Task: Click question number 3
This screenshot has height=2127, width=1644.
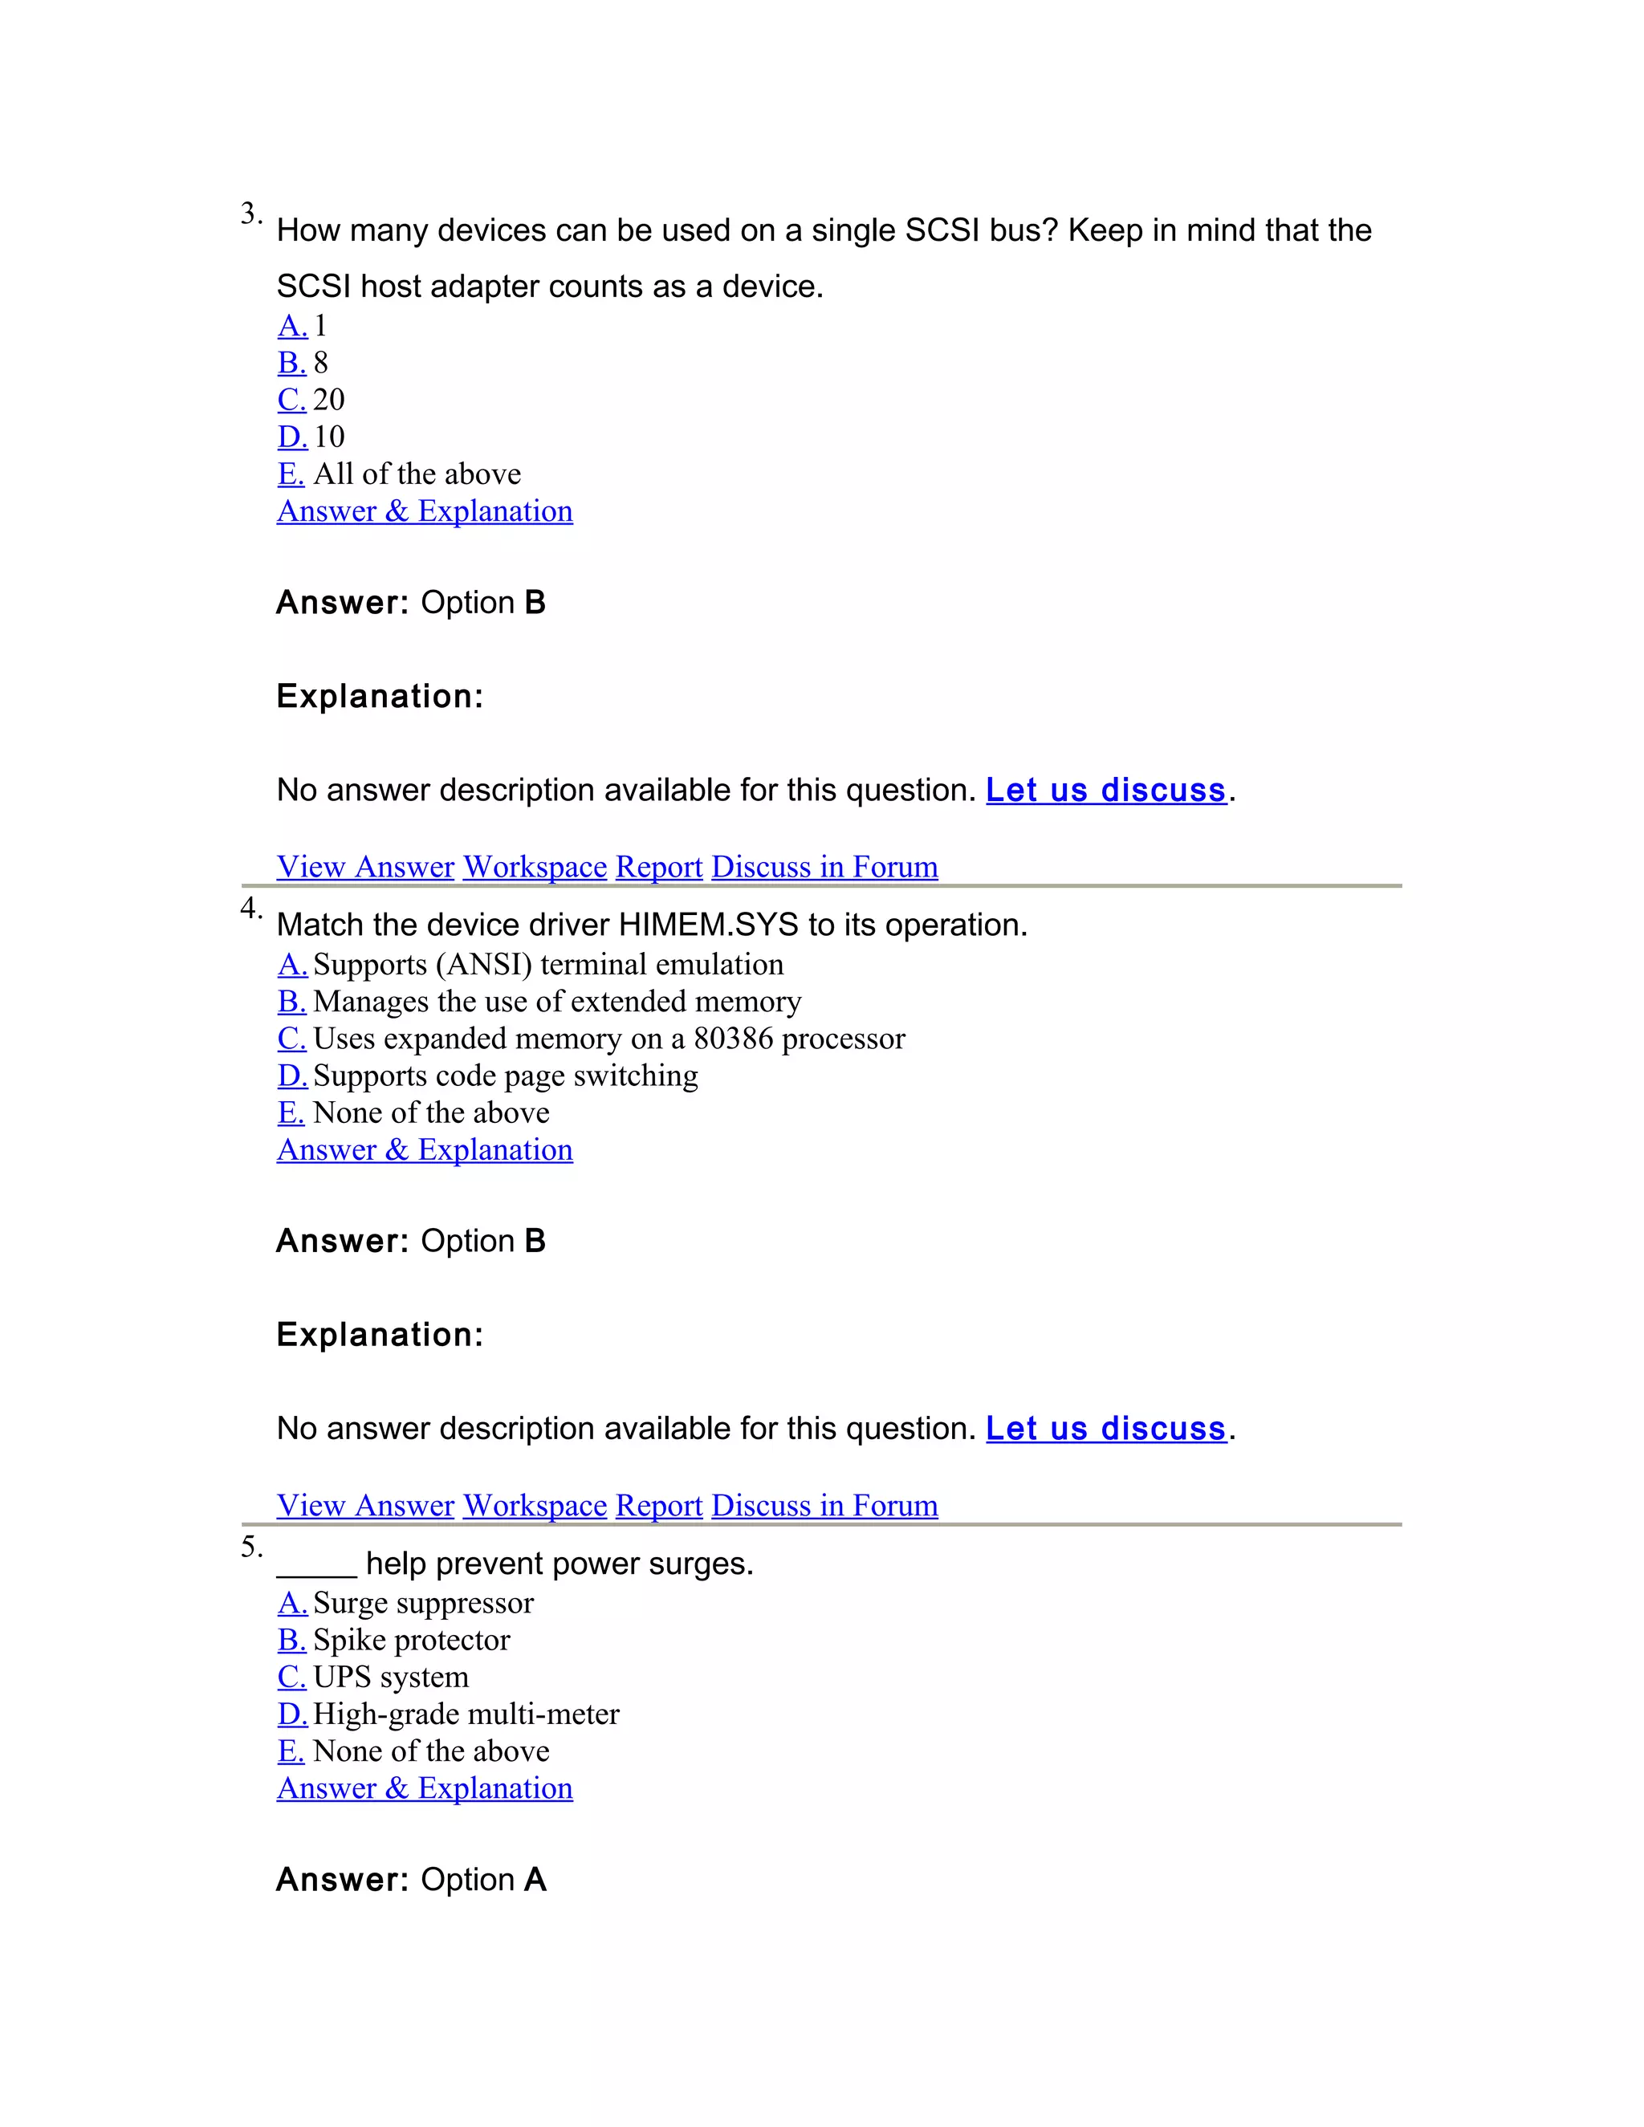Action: pos(250,214)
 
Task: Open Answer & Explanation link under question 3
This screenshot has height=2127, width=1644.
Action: pos(425,511)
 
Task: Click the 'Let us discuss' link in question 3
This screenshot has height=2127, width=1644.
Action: pos(1105,790)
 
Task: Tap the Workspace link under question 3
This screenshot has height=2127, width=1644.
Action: pos(535,867)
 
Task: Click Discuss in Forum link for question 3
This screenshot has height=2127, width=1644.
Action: pos(824,867)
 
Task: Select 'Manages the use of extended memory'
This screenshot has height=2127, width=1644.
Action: pos(556,1001)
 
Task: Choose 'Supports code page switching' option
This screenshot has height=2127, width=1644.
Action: pos(504,1076)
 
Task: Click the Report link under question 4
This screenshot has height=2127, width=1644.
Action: pos(658,1505)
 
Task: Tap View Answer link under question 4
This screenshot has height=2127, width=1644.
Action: pos(365,1505)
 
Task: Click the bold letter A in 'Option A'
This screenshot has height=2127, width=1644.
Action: pos(535,1879)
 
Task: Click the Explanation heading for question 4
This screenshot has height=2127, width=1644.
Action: pos(380,1334)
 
